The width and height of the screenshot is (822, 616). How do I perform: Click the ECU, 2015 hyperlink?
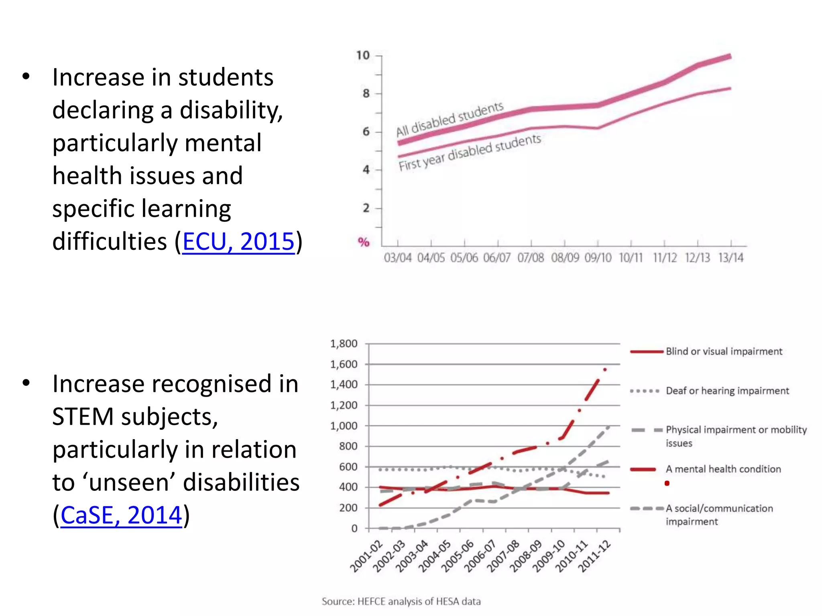point(238,241)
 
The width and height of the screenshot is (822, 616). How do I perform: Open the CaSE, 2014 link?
point(121,515)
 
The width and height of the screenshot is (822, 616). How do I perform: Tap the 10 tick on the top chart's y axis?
point(363,55)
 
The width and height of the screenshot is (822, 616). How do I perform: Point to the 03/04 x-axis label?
point(397,257)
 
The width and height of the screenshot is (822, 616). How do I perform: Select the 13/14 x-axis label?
point(731,257)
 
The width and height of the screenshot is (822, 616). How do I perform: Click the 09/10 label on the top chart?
point(598,257)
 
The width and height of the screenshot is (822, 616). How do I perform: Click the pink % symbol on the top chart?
point(364,242)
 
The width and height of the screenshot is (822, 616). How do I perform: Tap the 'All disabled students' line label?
point(450,119)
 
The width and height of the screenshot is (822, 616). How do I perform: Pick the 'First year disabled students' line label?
point(470,153)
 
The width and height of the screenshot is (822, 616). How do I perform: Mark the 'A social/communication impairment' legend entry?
point(719,515)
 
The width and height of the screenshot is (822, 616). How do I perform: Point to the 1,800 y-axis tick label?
point(344,344)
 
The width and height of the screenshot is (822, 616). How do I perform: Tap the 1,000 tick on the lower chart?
point(344,426)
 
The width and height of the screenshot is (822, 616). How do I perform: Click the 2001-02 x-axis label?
point(366,556)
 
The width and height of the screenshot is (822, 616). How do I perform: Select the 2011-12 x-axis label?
point(595,556)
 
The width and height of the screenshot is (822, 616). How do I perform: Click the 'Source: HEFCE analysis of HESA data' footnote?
point(401,602)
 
